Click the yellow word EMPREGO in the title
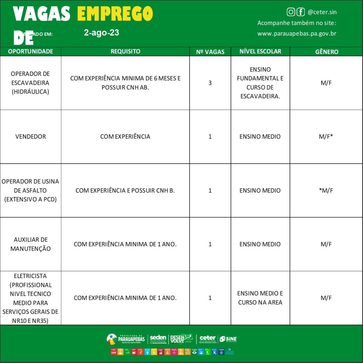click(115, 14)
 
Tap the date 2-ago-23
click(101, 33)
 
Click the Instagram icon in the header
click(291, 12)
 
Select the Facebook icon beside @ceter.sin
click(301, 12)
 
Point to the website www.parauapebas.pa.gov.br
click(297, 34)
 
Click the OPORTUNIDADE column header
click(30, 51)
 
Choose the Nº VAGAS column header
click(210, 52)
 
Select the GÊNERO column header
click(326, 52)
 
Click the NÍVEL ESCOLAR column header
click(260, 51)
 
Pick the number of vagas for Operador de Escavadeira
click(210, 83)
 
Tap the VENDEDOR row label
click(30, 136)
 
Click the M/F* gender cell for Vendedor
click(326, 136)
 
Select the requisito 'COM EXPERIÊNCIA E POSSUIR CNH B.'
click(125, 190)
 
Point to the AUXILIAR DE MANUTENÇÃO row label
click(30, 244)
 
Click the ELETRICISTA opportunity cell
click(30, 298)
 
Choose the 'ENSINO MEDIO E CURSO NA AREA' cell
click(260, 298)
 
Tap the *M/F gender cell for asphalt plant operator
click(326, 190)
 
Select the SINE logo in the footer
click(228, 339)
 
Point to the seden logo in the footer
click(158, 339)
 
